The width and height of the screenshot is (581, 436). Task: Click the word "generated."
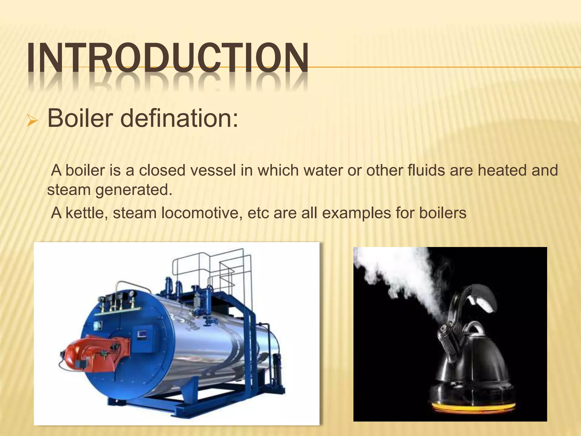pyautogui.click(x=134, y=190)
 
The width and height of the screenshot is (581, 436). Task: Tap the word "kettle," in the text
pyautogui.click(x=87, y=213)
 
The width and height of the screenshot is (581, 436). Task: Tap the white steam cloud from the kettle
pyautogui.click(x=403, y=272)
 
